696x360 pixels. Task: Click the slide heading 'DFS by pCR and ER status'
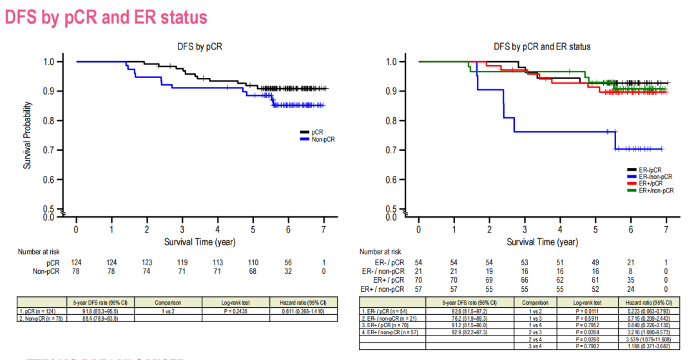pos(106,17)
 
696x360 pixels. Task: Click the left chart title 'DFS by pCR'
pos(200,46)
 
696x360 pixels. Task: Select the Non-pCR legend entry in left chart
pos(323,138)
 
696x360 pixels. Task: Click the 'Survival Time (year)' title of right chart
pos(541,242)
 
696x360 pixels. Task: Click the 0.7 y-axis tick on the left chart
pos(48,149)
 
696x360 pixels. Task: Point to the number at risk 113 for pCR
pos(218,263)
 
